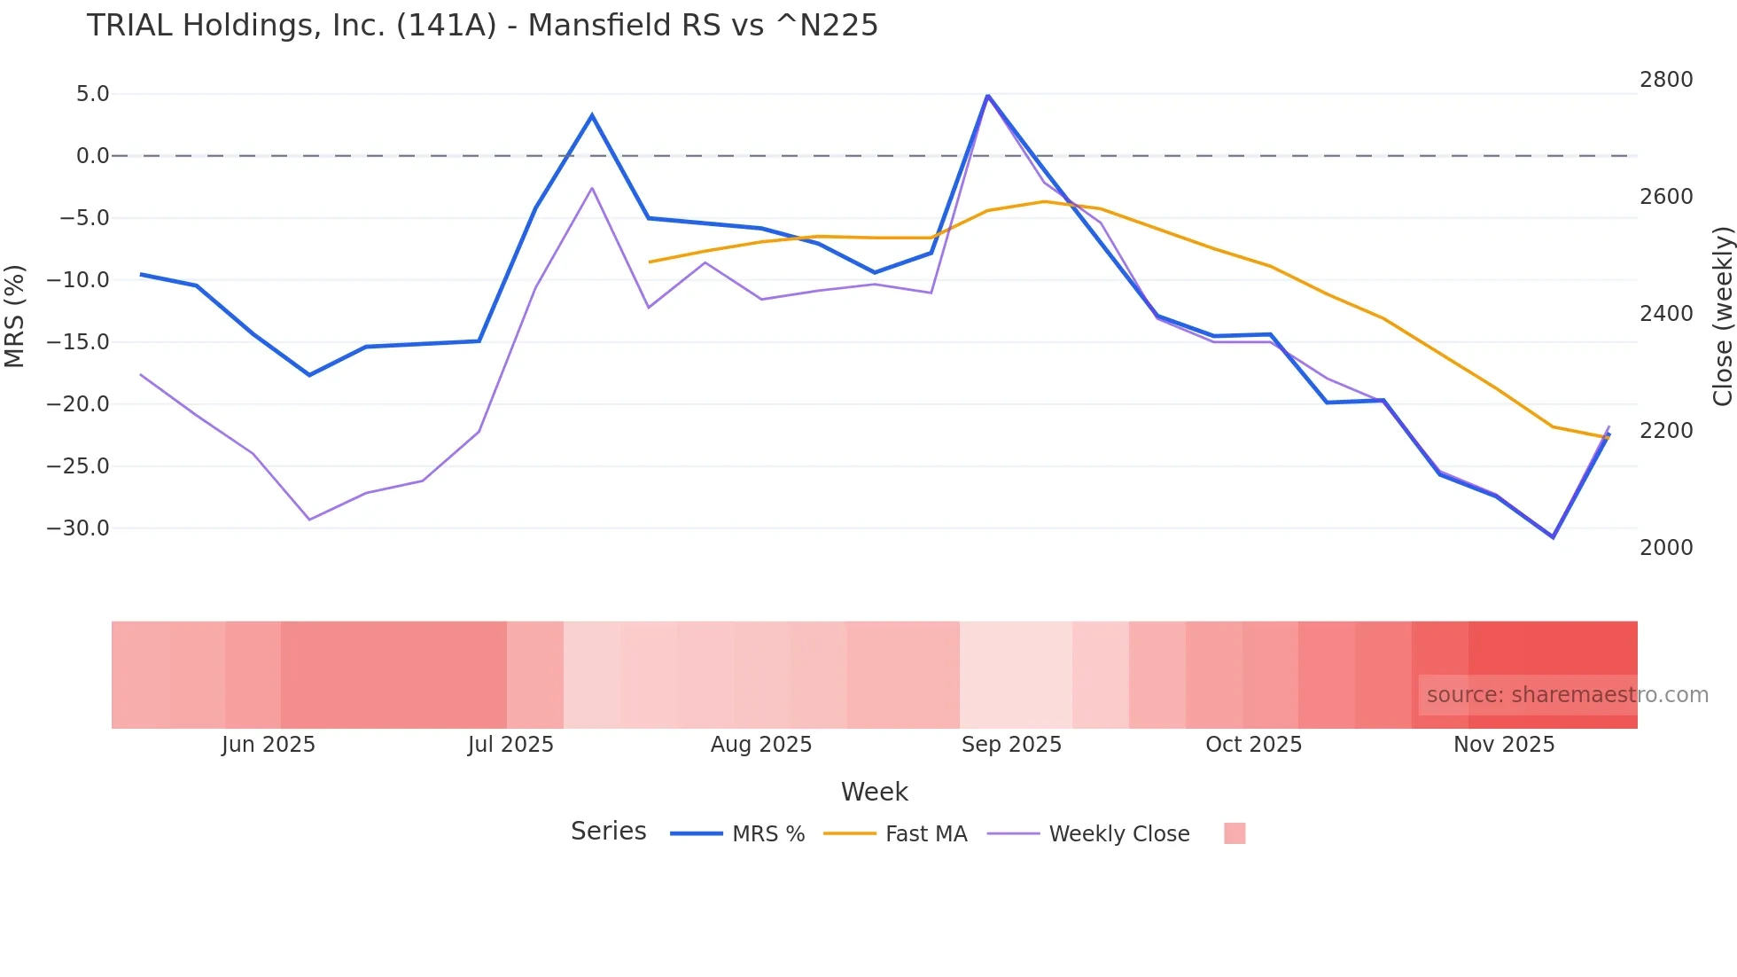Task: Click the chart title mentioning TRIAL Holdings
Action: tap(482, 26)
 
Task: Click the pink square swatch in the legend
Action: tap(1235, 833)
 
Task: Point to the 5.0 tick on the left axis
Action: tap(92, 94)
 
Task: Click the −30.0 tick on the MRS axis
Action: tap(78, 528)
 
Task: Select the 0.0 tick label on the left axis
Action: tap(92, 156)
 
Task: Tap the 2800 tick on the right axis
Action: tap(1666, 80)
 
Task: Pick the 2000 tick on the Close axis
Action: tap(1666, 548)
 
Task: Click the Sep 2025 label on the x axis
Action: tap(1011, 745)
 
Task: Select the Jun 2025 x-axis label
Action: tap(268, 745)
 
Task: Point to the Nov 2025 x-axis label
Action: tap(1504, 745)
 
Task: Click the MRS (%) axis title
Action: tap(14, 316)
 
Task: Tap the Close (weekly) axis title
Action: tap(1722, 316)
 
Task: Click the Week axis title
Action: tap(874, 792)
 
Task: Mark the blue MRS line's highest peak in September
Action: tap(987, 96)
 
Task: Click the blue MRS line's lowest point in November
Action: tap(1553, 536)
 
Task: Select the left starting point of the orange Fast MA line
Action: tap(650, 262)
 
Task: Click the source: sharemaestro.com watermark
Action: tap(1567, 695)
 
